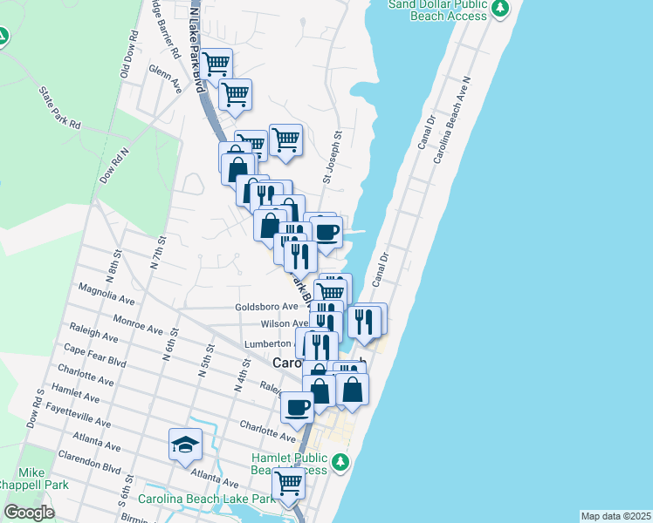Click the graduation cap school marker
click(x=185, y=445)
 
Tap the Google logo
click(x=29, y=513)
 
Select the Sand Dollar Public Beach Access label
click(x=438, y=10)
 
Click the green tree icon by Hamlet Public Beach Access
click(x=342, y=461)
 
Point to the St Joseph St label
click(x=329, y=158)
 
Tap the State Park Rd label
click(x=59, y=107)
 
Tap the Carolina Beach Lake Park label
click(x=207, y=499)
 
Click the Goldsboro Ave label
click(x=266, y=307)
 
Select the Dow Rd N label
click(x=113, y=164)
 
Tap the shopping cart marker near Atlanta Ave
click(x=288, y=482)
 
